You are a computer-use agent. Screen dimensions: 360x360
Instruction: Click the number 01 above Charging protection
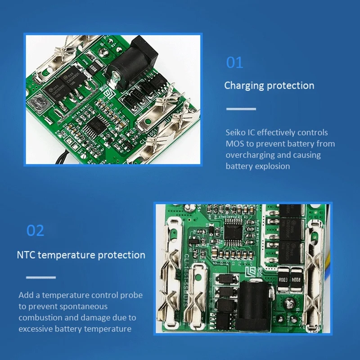tap(234, 62)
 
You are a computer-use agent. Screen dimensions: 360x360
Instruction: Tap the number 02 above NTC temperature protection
tap(35, 230)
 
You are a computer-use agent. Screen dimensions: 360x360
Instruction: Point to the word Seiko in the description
tap(236, 133)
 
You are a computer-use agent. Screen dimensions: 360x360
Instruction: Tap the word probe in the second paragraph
tap(131, 296)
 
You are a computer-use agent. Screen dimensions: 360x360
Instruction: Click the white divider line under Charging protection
tap(241, 109)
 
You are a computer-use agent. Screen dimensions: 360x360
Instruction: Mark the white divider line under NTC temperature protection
tap(41, 277)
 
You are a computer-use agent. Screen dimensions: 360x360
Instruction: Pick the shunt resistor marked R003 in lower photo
tap(283, 280)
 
